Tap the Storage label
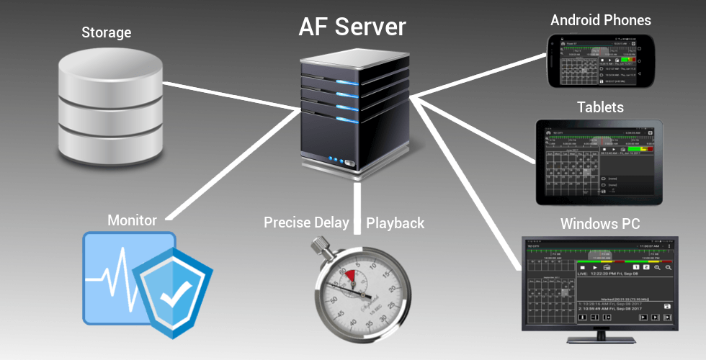tap(106, 32)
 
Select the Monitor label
tap(132, 220)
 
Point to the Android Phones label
tap(600, 20)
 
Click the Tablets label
tap(600, 107)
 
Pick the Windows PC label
tap(600, 224)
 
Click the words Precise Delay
tap(306, 222)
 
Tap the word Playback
tap(396, 222)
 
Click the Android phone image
tap(600, 61)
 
